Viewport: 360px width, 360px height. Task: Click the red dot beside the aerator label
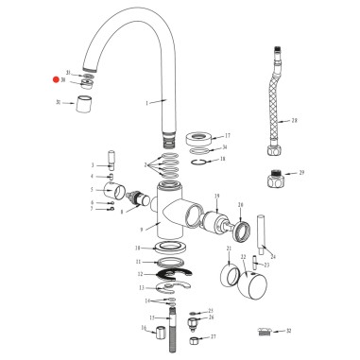pos(56,80)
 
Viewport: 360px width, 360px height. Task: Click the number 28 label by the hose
pos(295,121)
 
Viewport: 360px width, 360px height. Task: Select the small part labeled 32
pos(266,332)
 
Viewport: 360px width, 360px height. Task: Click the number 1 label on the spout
pos(147,101)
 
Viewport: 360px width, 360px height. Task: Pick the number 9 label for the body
pos(142,228)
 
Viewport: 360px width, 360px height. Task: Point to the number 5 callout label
pos(93,189)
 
